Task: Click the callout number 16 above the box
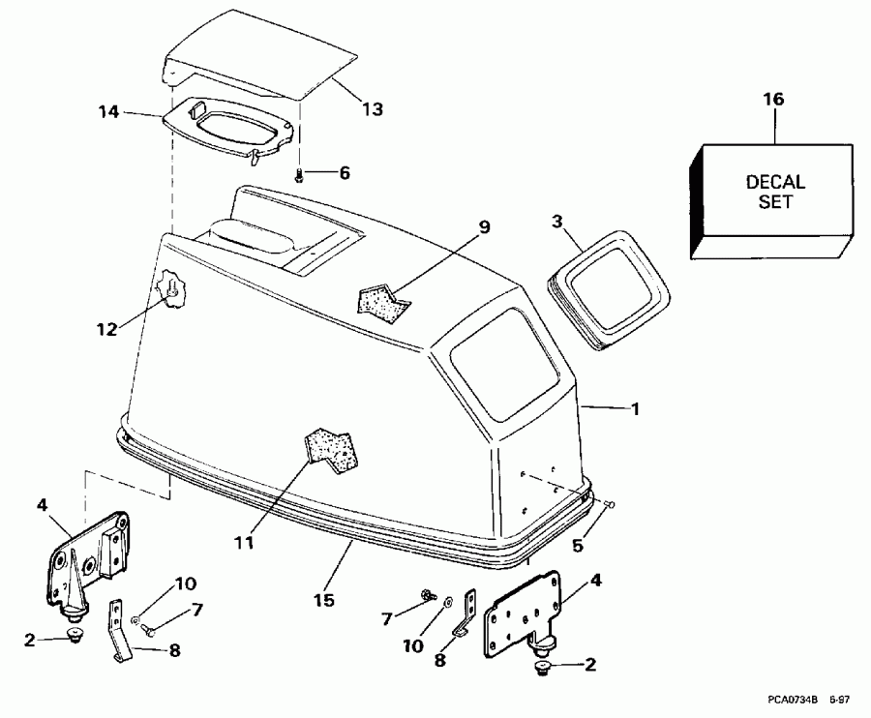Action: coord(773,100)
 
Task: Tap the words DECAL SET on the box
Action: coord(775,192)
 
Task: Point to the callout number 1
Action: coord(635,409)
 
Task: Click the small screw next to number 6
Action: coord(300,174)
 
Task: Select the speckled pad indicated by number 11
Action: coord(333,448)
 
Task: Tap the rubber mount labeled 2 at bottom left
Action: coord(74,636)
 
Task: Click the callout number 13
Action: coord(372,109)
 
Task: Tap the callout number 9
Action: coord(484,227)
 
